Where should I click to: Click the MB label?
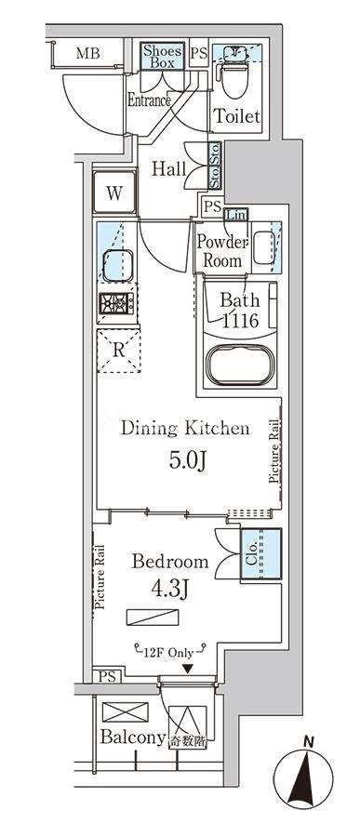coord(88,53)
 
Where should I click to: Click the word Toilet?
coord(236,115)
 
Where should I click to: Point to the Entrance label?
coord(149,100)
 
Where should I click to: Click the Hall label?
coord(168,169)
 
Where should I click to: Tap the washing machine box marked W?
coord(114,193)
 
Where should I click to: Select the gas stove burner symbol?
coord(116,303)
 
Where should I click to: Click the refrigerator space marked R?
coord(118,351)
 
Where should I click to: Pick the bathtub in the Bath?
coord(240,365)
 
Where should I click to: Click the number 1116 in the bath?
coord(240,321)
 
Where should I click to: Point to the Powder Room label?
coord(222,251)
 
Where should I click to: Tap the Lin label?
coord(236,215)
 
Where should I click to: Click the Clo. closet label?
coord(254,552)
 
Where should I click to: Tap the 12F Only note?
coord(168,652)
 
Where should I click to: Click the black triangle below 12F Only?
coord(186,669)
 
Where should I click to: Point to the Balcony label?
coord(132,737)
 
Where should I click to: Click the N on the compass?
coord(308,741)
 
